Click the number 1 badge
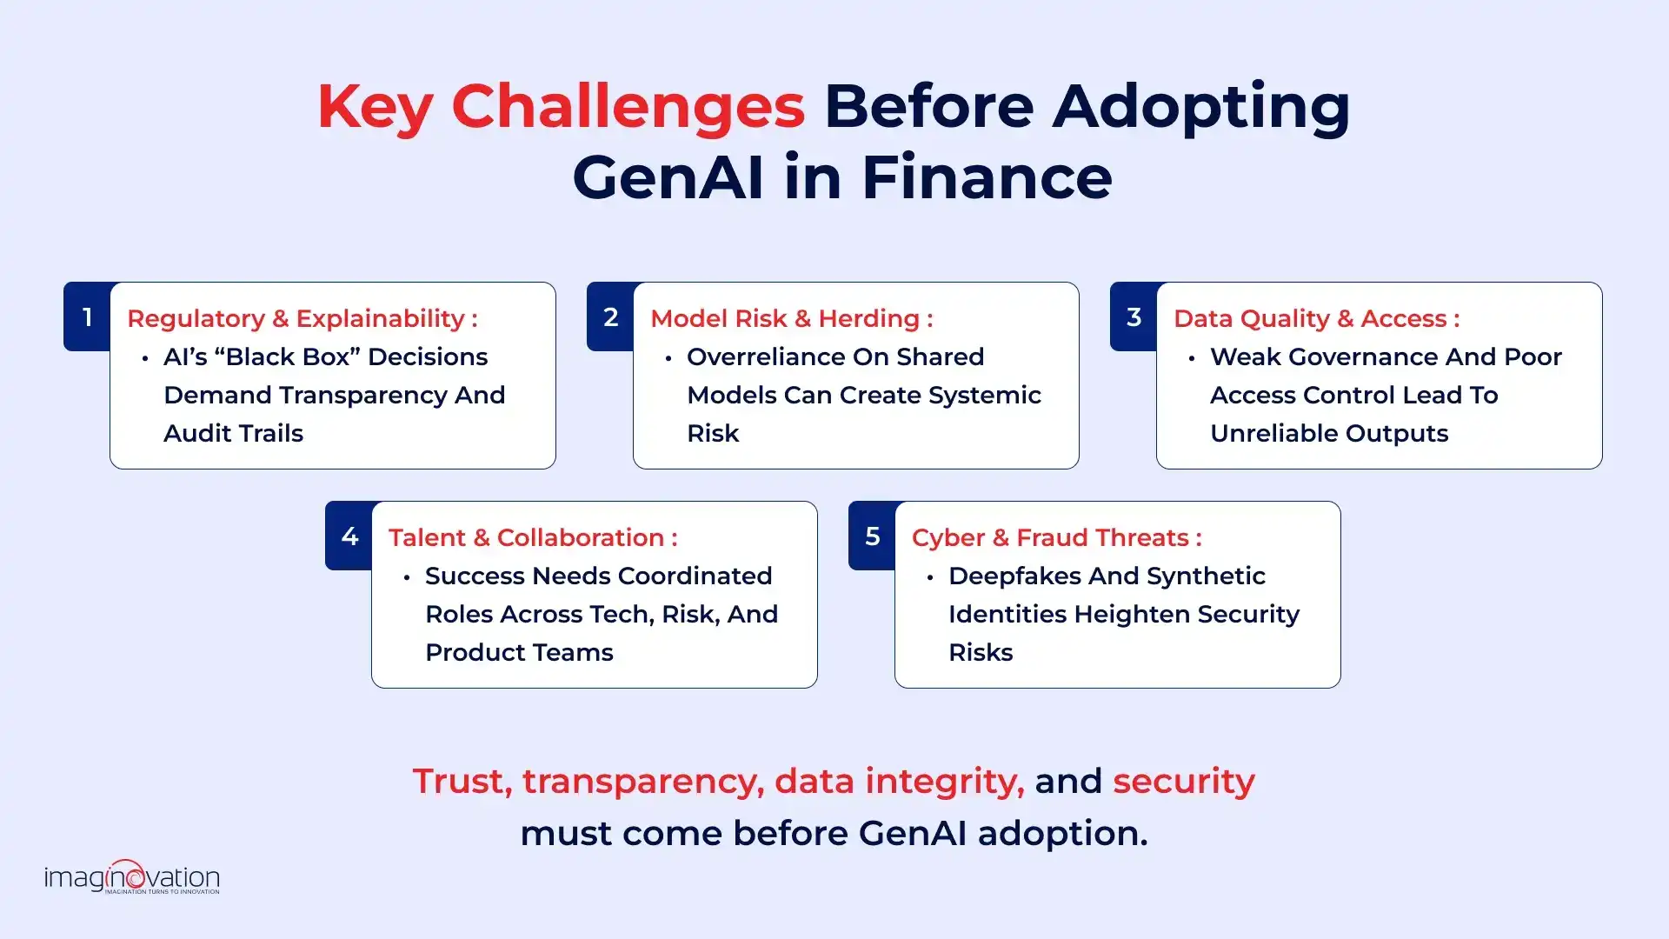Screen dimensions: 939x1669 pyautogui.click(x=87, y=317)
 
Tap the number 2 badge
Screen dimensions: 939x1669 pyautogui.click(x=610, y=317)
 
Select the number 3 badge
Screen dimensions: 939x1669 pyautogui.click(x=1134, y=317)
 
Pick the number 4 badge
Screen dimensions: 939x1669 pyautogui.click(x=349, y=536)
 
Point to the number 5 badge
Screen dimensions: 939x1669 pyautogui.click(x=873, y=536)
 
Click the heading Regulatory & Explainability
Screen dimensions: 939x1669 pyautogui.click(x=302, y=319)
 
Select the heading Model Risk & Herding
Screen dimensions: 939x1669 pyautogui.click(x=791, y=319)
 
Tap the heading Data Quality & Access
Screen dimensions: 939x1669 pyautogui.click(x=1316, y=319)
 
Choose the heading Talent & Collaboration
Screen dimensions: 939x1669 pyautogui.click(x=532, y=538)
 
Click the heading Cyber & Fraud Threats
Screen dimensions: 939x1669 pyautogui.click(x=1056, y=538)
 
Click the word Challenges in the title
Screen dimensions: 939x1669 pyautogui.click(x=628, y=107)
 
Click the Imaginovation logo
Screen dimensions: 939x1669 pyautogui.click(x=132, y=876)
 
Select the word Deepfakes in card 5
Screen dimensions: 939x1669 pyautogui.click(x=1015, y=576)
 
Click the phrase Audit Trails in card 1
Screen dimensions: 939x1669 pyautogui.click(x=233, y=434)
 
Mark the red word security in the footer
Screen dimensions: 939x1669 pyautogui.click(x=1183, y=782)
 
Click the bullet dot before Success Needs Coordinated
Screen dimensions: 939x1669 pyautogui.click(x=407, y=577)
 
